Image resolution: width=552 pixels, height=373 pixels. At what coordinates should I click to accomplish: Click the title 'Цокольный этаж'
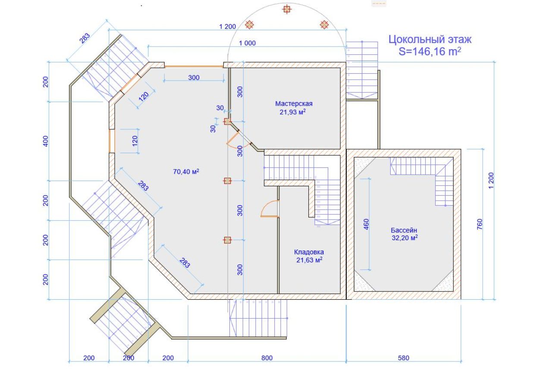(430, 39)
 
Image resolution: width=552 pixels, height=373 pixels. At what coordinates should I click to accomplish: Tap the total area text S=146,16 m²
(430, 51)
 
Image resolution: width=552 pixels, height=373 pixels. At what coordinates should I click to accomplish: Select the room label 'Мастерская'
(294, 104)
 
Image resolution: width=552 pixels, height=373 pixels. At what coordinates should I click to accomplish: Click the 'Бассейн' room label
(404, 230)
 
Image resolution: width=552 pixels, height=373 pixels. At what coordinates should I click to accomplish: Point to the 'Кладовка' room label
(309, 252)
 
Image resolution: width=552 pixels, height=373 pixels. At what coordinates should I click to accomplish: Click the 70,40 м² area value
(186, 172)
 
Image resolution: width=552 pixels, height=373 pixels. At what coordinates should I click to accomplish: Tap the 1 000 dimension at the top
(247, 43)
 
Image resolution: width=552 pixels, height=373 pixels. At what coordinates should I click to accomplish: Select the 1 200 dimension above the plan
(227, 27)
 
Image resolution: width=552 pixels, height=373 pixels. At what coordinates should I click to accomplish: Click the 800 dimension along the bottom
(267, 358)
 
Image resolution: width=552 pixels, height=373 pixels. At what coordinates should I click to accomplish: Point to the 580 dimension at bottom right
(403, 358)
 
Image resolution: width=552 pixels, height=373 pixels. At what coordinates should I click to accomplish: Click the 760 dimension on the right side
(480, 224)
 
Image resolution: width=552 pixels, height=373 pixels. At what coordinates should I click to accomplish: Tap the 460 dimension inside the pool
(366, 224)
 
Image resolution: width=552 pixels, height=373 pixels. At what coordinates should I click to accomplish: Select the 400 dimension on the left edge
(46, 141)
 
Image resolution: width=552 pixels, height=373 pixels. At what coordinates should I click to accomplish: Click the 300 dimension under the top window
(194, 78)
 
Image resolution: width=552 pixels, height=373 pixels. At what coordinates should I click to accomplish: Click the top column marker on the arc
(287, 9)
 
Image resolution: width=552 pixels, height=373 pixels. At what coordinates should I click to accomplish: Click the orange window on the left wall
(112, 141)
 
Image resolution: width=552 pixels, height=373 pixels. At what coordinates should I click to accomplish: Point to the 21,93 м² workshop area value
(293, 112)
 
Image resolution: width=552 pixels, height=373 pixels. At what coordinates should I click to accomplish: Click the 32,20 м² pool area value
(405, 238)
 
